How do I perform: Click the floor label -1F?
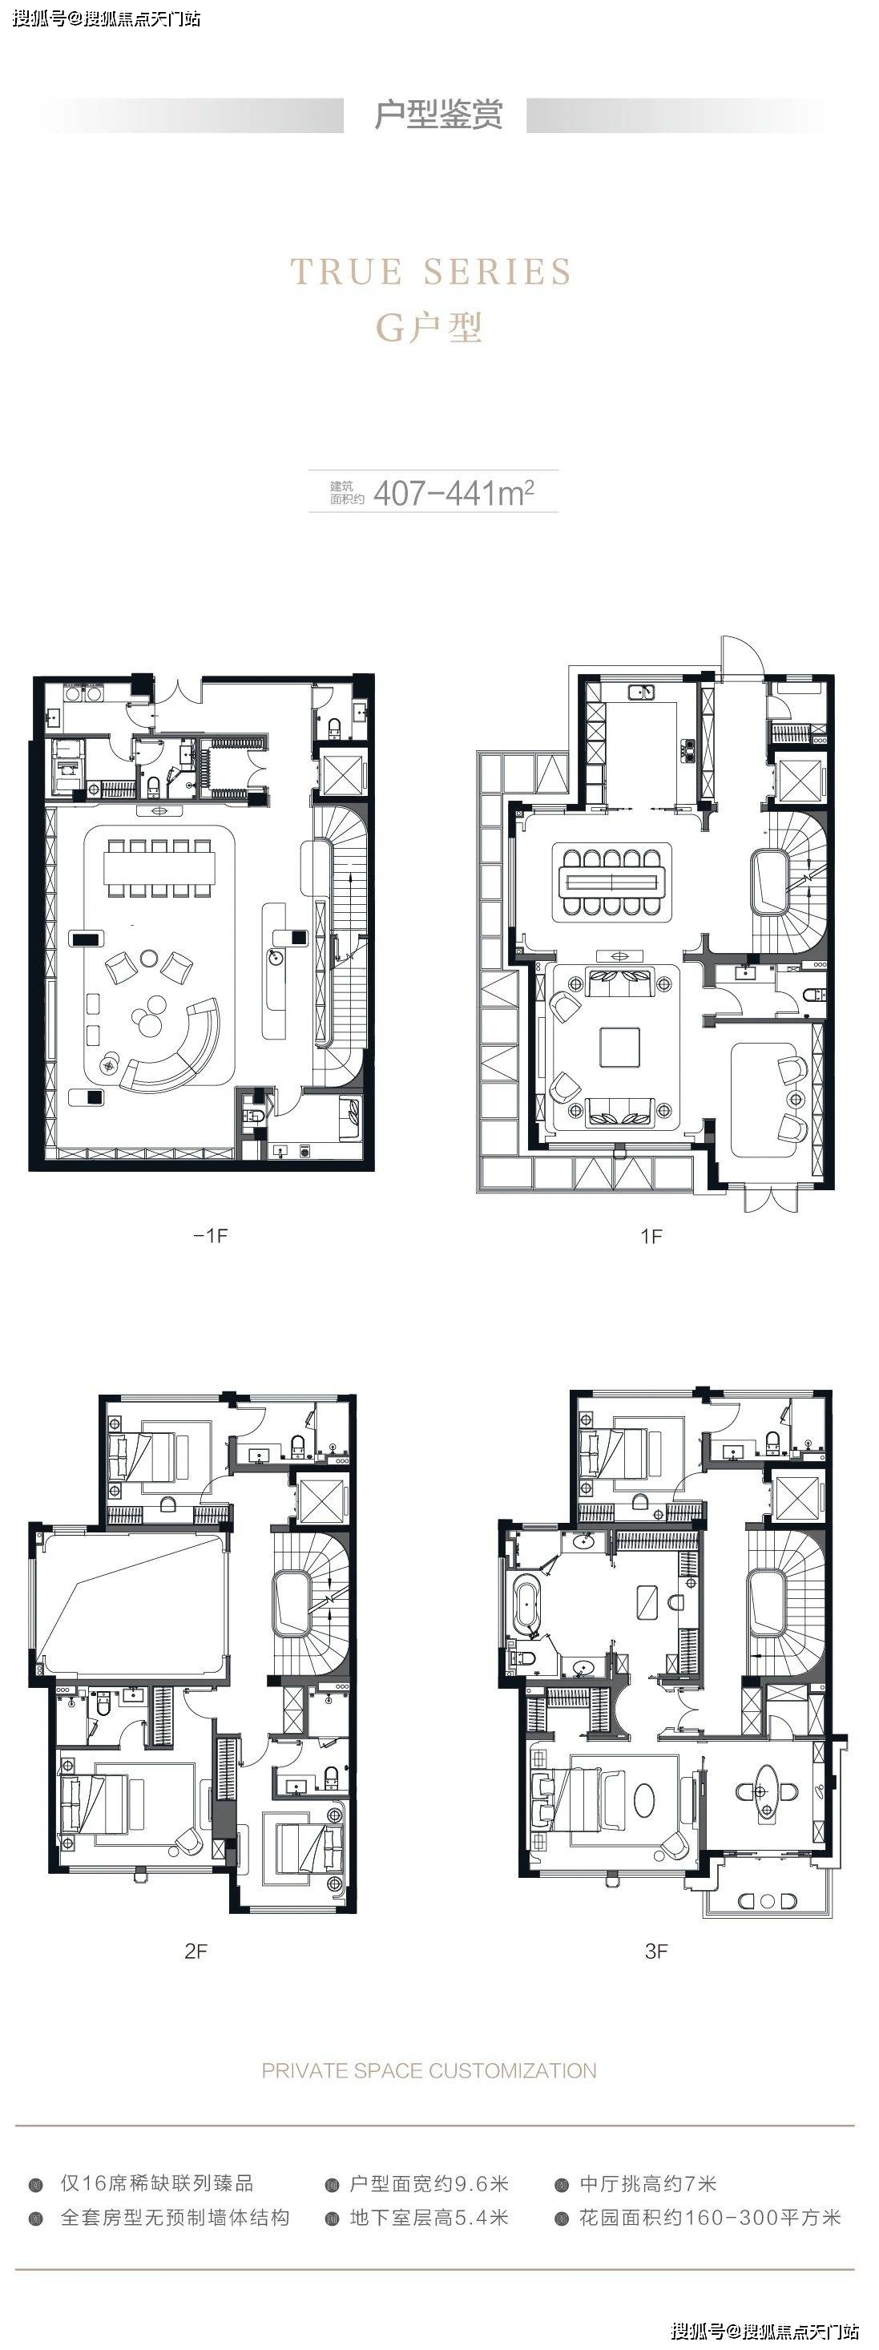(x=211, y=1235)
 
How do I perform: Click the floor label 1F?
(x=651, y=1236)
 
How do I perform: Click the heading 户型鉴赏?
(x=438, y=115)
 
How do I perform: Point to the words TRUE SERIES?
(x=431, y=272)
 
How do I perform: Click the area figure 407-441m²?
(x=454, y=493)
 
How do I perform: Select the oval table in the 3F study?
(x=758, y=1791)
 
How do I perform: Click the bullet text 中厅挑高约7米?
(x=647, y=2184)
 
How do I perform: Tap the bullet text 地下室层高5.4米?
(x=429, y=2218)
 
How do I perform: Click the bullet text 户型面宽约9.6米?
(x=429, y=2184)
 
